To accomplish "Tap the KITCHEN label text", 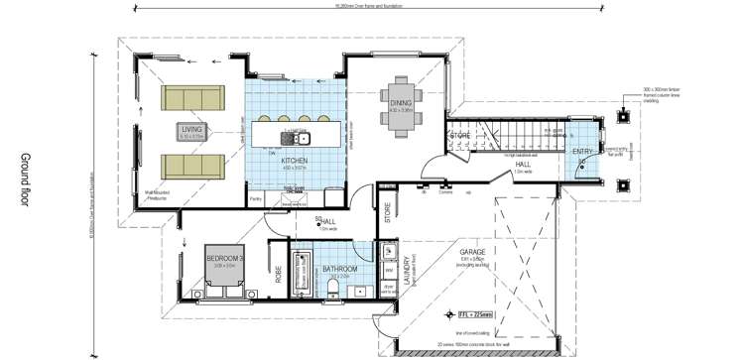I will [294, 160].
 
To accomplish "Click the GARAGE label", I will [471, 252].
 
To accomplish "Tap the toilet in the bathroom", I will [333, 289].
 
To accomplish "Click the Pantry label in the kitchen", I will [255, 199].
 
